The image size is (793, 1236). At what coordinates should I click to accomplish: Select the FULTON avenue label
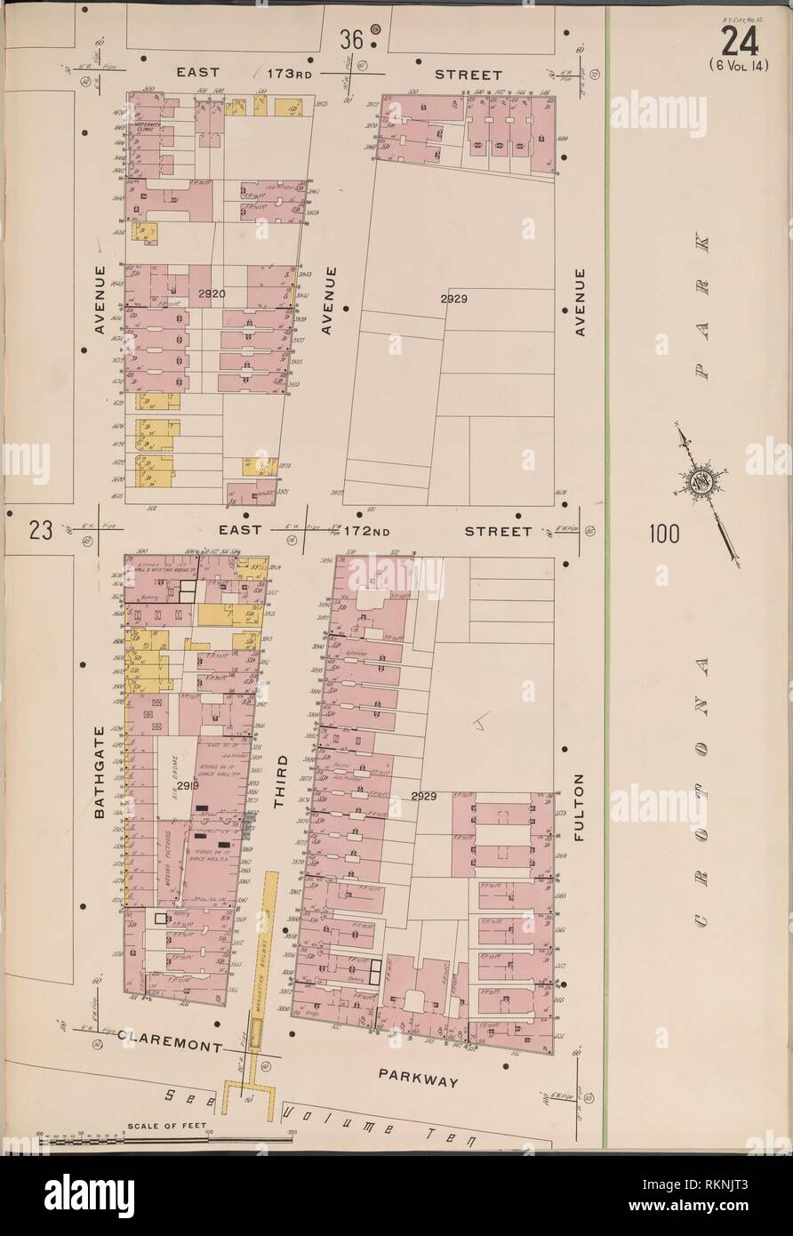[x=580, y=807]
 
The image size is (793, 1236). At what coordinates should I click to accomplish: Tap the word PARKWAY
[x=418, y=1081]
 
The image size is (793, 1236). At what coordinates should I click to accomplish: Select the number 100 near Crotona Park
[x=663, y=534]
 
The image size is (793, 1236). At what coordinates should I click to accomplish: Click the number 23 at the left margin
[x=40, y=531]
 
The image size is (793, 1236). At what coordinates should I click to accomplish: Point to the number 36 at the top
[x=352, y=40]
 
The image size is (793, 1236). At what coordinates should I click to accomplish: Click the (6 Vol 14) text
[x=741, y=64]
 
